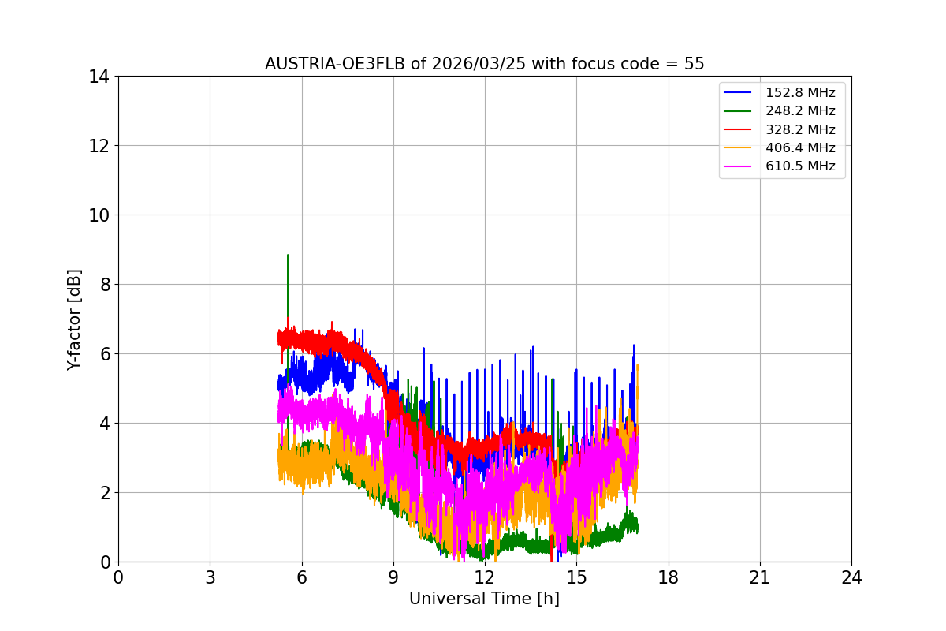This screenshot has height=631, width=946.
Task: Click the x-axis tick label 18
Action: coord(669,578)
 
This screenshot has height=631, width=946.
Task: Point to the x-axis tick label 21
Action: coord(760,578)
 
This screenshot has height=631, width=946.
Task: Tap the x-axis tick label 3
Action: coord(210,578)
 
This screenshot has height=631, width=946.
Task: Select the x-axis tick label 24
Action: coord(851,578)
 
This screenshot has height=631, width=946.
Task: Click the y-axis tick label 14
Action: coord(99,77)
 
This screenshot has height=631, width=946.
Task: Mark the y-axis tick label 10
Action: coord(99,215)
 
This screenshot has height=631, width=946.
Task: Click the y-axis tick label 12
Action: coord(99,146)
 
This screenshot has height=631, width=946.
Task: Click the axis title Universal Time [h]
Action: coord(484,599)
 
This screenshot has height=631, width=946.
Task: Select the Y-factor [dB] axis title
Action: coord(74,319)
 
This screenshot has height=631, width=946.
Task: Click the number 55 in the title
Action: coord(694,64)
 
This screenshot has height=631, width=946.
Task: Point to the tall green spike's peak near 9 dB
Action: coord(288,255)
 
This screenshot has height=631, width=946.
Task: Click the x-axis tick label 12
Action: coord(485,578)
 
